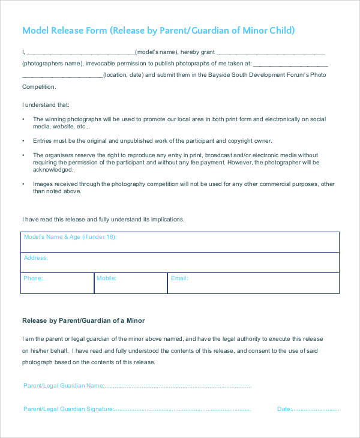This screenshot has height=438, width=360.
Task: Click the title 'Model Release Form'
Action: pyautogui.click(x=65, y=31)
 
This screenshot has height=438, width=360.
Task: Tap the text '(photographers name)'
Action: pyautogui.click(x=52, y=63)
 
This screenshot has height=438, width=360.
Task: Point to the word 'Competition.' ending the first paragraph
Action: pyautogui.click(x=40, y=86)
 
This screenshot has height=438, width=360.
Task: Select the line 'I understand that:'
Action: pyautogui.click(x=46, y=104)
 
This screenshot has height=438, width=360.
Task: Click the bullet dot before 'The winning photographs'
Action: pyautogui.click(x=23, y=119)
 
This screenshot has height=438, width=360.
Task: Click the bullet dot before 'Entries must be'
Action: pyautogui.click(x=23, y=140)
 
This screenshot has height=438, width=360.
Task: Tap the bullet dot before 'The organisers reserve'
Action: pyautogui.click(x=23, y=155)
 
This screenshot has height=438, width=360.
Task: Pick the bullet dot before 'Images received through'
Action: pyautogui.click(x=23, y=184)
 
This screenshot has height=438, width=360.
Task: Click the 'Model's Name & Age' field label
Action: pyautogui.click(x=70, y=238)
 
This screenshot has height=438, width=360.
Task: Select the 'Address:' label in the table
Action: pyautogui.click(x=35, y=258)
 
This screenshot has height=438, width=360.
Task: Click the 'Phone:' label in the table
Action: pyautogui.click(x=33, y=278)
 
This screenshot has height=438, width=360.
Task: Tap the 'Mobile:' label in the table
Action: pyautogui.click(x=106, y=278)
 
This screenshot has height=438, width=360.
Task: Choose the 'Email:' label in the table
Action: pyautogui.click(x=179, y=278)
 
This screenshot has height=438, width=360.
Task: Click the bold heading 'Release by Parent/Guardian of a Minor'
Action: pyautogui.click(x=83, y=320)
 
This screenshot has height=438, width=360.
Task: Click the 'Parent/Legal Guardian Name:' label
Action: pyautogui.click(x=64, y=386)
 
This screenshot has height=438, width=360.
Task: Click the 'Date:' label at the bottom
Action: pyautogui.click(x=284, y=409)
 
